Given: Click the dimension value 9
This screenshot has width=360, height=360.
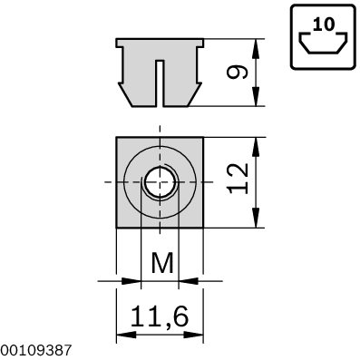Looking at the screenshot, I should pos(238,72).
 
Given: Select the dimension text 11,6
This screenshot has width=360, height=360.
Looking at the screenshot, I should pos(160,316).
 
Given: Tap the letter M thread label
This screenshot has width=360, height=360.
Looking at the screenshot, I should pos(161,265).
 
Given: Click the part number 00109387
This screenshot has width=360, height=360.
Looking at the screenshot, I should pos(34,349).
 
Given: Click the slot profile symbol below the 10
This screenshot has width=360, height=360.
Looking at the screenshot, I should pos(321,45).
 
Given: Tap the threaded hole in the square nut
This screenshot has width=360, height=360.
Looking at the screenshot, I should pos(160,182).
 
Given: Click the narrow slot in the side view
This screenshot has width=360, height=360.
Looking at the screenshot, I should pos(160,82).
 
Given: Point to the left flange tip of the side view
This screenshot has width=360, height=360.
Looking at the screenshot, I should pos(118,43).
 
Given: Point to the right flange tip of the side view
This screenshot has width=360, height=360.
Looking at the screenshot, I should pos(202,43).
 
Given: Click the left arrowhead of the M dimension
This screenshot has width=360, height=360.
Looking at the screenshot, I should pos(136,281).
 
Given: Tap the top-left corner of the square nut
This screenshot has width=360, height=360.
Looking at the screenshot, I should pos(118,138).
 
